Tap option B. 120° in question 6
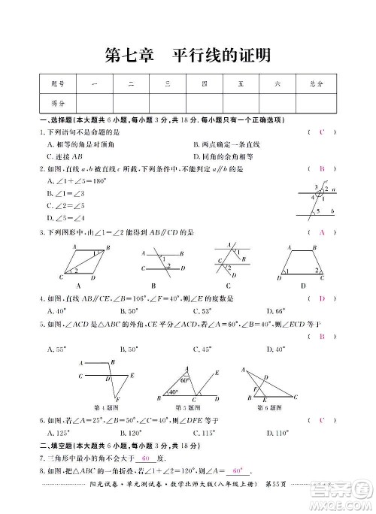(x=129, y=434)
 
